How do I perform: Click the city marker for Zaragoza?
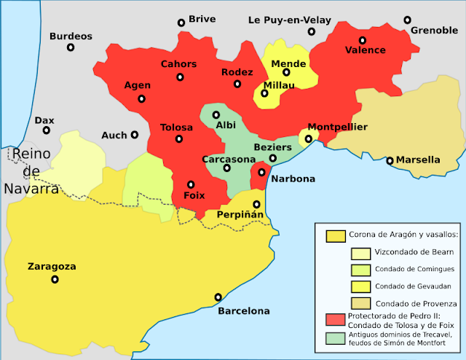pyautogui.click(x=55, y=279)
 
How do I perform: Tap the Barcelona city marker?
pyautogui.click(x=218, y=297)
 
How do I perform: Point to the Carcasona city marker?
pyautogui.click(x=227, y=168)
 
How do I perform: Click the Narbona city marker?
pyautogui.click(x=261, y=173)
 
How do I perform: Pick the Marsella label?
pyautogui.click(x=418, y=160)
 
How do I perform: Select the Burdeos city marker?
pyautogui.click(x=71, y=47)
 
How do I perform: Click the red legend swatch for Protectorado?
pyautogui.click(x=335, y=318)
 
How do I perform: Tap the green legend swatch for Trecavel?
pyautogui.click(x=335, y=338)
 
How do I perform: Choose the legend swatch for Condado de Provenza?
pyautogui.click(x=360, y=302)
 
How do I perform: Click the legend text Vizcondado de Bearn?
pyautogui.click(x=414, y=252)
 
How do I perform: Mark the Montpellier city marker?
pyautogui.click(x=308, y=138)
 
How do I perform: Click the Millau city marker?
pyautogui.click(x=265, y=93)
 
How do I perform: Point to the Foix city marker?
pyautogui.click(x=191, y=184)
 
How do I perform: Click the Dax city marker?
pyautogui.click(x=46, y=130)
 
